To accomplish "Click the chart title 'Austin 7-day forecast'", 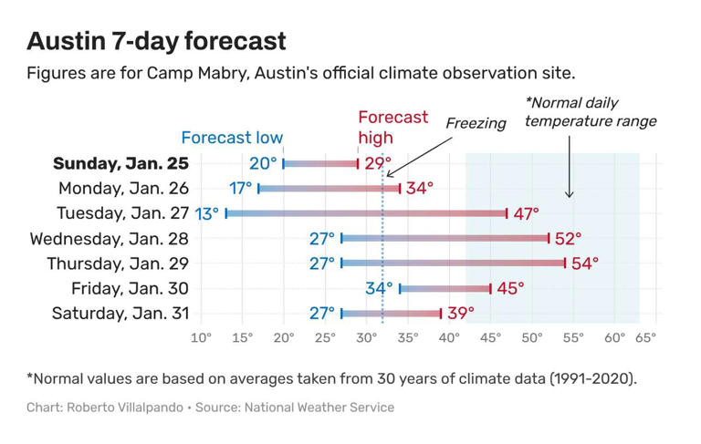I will [156, 41].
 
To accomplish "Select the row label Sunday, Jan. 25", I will [120, 164].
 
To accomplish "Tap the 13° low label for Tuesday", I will [207, 213].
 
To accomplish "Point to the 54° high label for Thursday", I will [585, 263].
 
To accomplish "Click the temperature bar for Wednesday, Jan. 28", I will [445, 239].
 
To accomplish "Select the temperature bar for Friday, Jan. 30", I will [445, 289].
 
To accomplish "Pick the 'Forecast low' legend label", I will [232, 138].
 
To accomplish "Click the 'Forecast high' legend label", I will [392, 128].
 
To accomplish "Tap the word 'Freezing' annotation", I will [476, 123].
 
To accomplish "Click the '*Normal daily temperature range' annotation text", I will [591, 112].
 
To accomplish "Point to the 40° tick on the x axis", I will [449, 338].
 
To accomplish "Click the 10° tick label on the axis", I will [201, 338].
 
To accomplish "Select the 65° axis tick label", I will [645, 338].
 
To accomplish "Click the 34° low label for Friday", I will [379, 288].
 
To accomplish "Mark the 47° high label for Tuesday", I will [525, 213].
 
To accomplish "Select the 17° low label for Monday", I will [241, 189].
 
